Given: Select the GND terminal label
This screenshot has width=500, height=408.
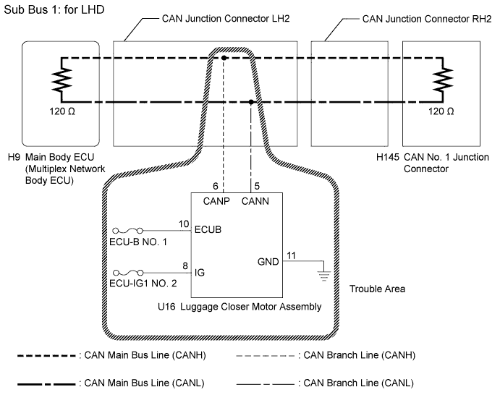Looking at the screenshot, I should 268,262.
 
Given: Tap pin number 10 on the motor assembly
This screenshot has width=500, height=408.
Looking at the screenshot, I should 183,224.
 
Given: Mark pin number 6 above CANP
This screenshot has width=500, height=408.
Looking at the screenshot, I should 216,186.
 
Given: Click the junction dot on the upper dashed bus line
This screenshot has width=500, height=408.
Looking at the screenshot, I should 224,57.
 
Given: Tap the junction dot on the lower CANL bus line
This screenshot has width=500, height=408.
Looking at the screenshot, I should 251,103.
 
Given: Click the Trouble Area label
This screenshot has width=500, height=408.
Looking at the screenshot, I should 377,289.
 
